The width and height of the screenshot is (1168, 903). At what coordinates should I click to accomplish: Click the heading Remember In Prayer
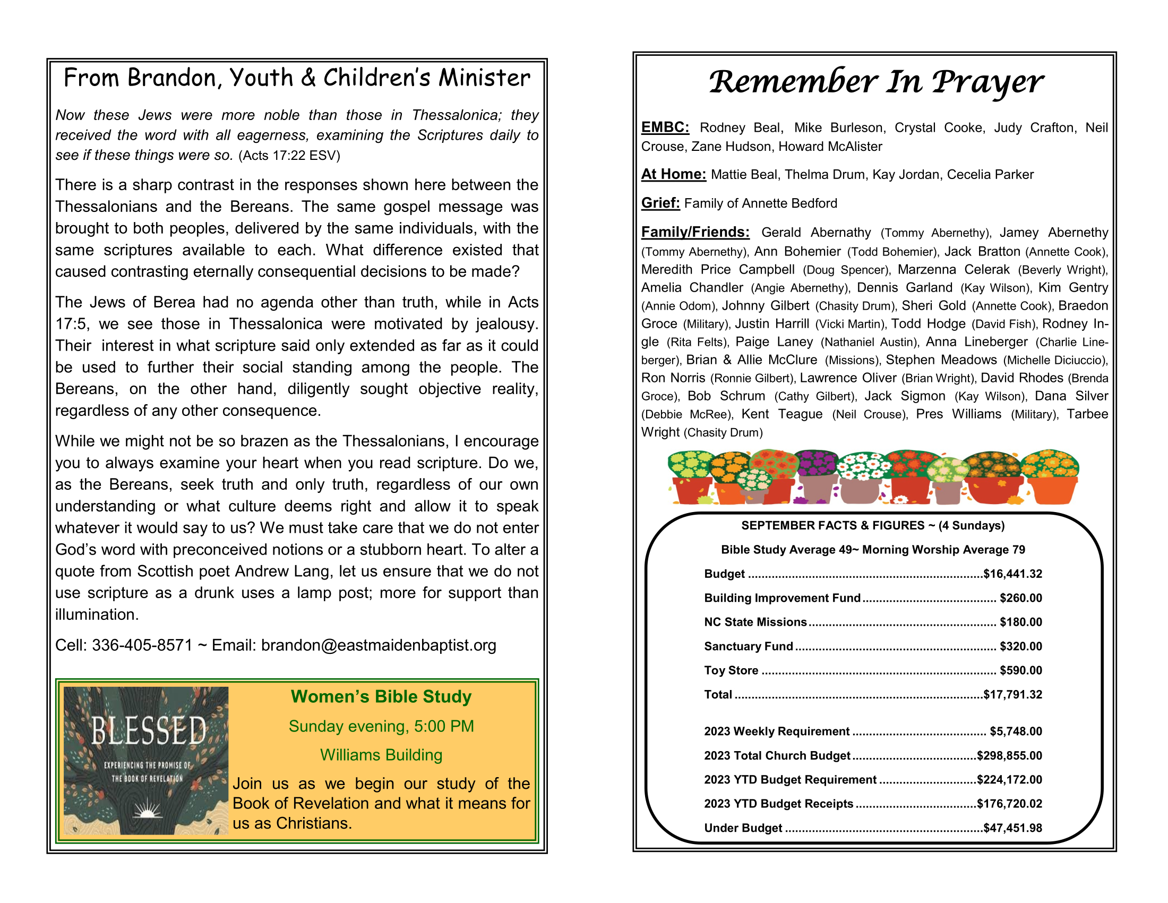coord(875,82)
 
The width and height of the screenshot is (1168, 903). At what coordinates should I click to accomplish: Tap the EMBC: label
coord(665,127)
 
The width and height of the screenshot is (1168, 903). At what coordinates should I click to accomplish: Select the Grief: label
coord(660,203)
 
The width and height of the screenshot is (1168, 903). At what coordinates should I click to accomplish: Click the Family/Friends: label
coord(695,232)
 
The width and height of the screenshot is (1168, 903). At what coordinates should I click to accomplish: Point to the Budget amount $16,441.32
coord(1012,574)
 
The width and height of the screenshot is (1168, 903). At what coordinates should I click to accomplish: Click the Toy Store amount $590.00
coord(1020,670)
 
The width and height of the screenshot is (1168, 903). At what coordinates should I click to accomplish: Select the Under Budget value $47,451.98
coord(1012,828)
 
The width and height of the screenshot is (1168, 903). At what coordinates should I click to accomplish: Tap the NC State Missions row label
coord(754,622)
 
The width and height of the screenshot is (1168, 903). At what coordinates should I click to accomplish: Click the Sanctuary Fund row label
coord(748,646)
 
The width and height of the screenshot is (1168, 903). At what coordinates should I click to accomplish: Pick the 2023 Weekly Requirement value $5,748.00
coord(1016,731)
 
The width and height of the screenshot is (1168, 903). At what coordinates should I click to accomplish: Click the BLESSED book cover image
coord(146,760)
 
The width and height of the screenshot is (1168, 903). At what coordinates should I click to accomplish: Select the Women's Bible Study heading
coord(381,696)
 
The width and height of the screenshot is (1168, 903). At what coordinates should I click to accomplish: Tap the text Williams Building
coord(381,755)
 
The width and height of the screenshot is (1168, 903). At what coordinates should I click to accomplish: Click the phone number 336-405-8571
coord(142,645)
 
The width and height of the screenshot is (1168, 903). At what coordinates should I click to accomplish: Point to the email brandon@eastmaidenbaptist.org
coord(379,645)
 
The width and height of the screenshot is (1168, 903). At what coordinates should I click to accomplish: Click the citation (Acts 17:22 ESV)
coord(289,156)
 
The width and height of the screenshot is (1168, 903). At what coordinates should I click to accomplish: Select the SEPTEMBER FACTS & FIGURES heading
coord(872,525)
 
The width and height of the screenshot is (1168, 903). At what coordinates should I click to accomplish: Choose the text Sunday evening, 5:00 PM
coord(381,726)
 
